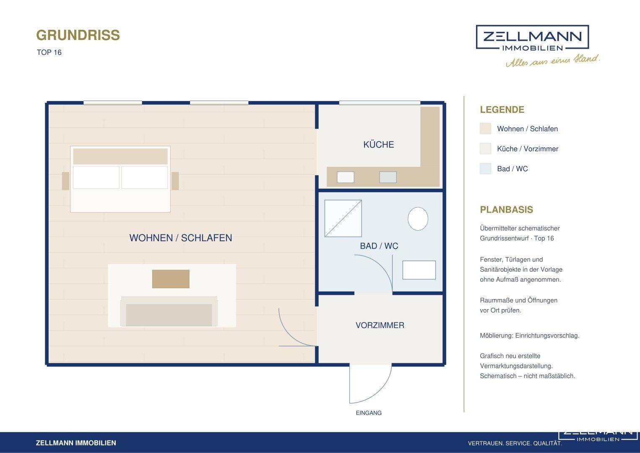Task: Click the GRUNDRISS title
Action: [x=78, y=35]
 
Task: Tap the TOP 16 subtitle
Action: [x=49, y=52]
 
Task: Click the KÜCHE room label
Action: [x=379, y=144]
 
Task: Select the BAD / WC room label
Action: [x=379, y=246]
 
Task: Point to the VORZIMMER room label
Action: [x=380, y=325]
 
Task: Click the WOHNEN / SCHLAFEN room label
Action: [x=181, y=238]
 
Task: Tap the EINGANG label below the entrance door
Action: [x=369, y=413]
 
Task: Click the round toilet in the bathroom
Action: [x=418, y=219]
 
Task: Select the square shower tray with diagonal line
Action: [x=343, y=219]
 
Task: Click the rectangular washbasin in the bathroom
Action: [x=419, y=270]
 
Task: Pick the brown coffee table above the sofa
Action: [x=171, y=279]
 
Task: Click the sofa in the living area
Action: [x=169, y=311]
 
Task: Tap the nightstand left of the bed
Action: [x=65, y=181]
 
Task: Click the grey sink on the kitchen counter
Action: [x=388, y=177]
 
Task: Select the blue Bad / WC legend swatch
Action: [x=485, y=169]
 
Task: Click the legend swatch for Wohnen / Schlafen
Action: [x=485, y=129]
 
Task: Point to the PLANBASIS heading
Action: [x=506, y=209]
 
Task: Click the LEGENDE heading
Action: [x=502, y=109]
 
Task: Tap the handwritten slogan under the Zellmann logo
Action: [x=553, y=60]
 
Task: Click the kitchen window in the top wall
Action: [x=380, y=103]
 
